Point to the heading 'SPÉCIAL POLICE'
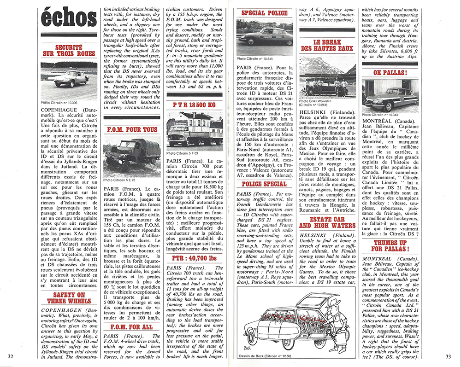pos(264,14)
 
